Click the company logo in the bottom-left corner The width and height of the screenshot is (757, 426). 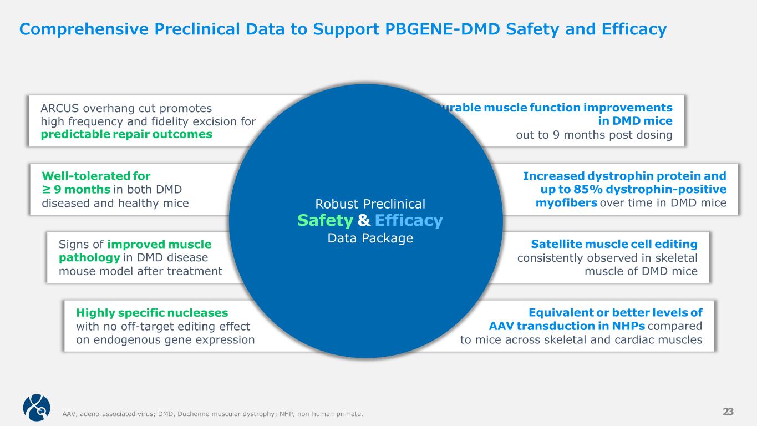tap(37, 408)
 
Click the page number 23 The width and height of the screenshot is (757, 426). tap(728, 411)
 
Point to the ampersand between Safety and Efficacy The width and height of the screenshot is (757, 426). tap(364, 221)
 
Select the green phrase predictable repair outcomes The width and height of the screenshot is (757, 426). tap(127, 135)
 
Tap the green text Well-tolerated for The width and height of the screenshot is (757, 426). tap(96, 176)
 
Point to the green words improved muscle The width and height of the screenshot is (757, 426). tap(159, 244)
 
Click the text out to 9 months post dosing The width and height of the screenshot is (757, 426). tap(594, 135)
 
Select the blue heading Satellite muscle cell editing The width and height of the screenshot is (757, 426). tap(614, 244)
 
